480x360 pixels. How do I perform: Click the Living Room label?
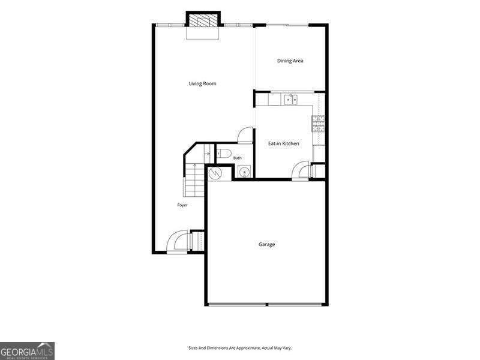(202, 83)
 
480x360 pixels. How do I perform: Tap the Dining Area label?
(290, 61)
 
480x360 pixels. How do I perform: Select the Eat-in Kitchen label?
(283, 143)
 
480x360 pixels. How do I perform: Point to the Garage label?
(266, 244)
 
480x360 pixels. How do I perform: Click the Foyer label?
(182, 205)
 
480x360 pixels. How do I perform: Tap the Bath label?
(237, 158)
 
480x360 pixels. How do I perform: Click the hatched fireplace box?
(203, 20)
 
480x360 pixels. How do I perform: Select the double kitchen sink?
(290, 100)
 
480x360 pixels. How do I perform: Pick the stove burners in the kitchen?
(318, 124)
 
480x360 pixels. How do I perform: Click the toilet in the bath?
(223, 153)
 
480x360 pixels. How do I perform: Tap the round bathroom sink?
(245, 172)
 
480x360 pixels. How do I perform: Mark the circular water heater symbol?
(215, 173)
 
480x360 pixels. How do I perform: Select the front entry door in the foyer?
(177, 242)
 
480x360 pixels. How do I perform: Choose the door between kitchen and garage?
(301, 170)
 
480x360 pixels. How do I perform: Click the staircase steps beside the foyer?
(194, 179)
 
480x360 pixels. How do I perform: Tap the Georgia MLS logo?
(27, 351)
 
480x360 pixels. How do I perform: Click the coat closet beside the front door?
(197, 241)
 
